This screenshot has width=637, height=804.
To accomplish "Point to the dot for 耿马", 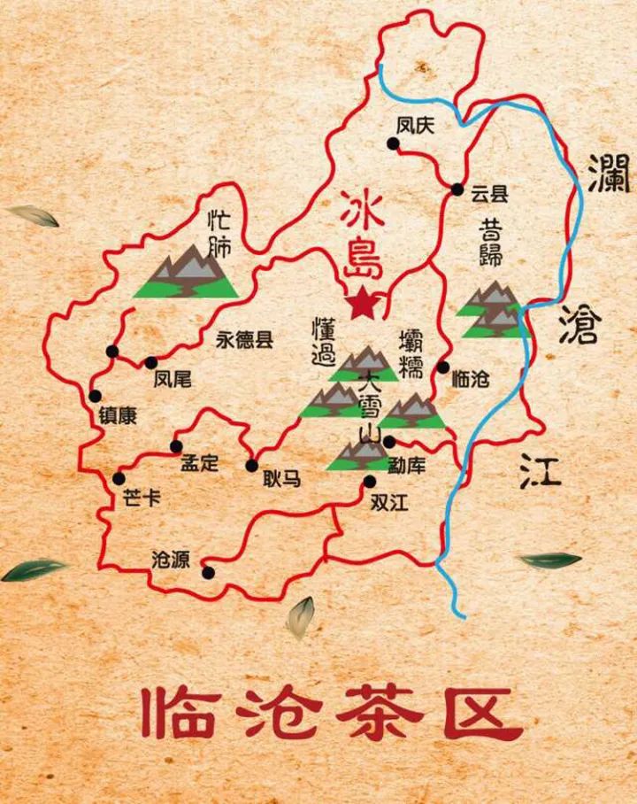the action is point(252,466).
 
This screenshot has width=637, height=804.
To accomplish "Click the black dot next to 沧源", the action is point(208,572).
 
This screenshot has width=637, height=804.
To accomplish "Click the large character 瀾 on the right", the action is point(611,173).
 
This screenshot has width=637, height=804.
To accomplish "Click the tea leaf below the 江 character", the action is point(549,560).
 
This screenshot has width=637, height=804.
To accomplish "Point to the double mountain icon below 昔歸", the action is point(495,312).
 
